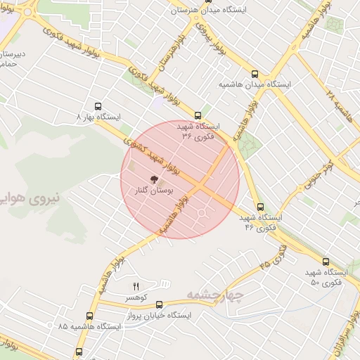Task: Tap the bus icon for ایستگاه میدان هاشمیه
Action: [x=255, y=73]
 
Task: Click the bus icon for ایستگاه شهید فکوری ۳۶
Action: [x=198, y=115]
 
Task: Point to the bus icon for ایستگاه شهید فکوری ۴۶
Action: [x=260, y=207]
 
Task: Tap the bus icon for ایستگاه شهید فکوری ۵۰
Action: [x=325, y=262]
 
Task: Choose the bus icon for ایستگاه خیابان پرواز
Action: [x=159, y=304]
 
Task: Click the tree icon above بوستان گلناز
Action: [x=154, y=179]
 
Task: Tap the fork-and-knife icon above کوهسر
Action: [x=136, y=285]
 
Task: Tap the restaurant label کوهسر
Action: [x=137, y=298]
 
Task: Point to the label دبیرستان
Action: [x=13, y=53]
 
